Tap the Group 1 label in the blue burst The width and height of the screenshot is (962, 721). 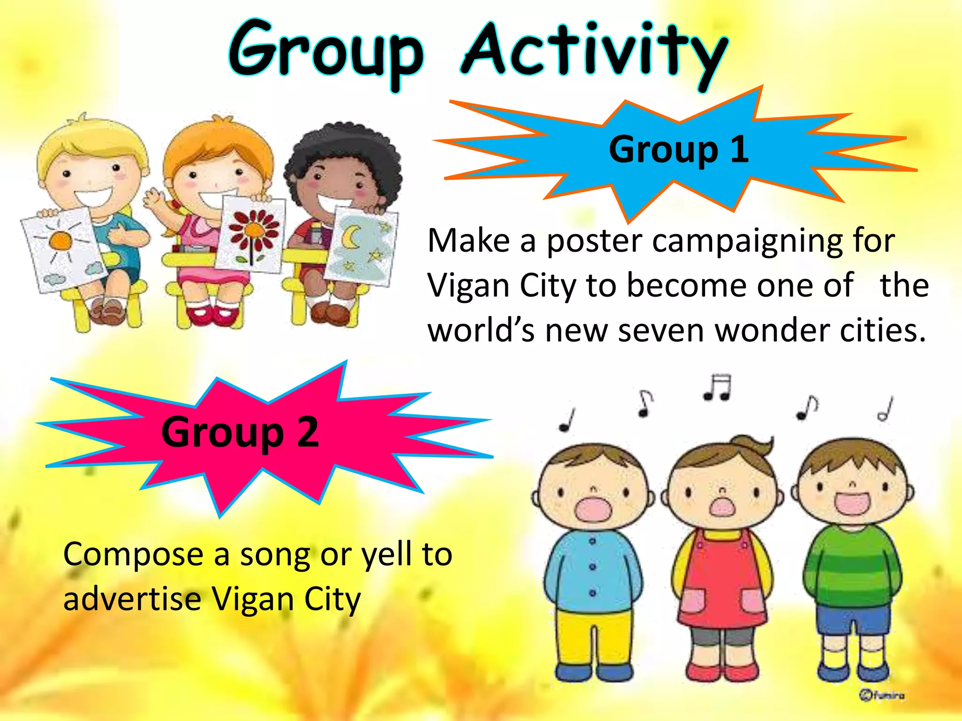(x=679, y=149)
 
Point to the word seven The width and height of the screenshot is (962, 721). (x=662, y=330)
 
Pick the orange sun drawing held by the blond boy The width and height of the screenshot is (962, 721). (x=61, y=241)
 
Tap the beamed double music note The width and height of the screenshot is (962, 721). (x=717, y=387)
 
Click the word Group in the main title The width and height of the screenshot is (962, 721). (x=326, y=52)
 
